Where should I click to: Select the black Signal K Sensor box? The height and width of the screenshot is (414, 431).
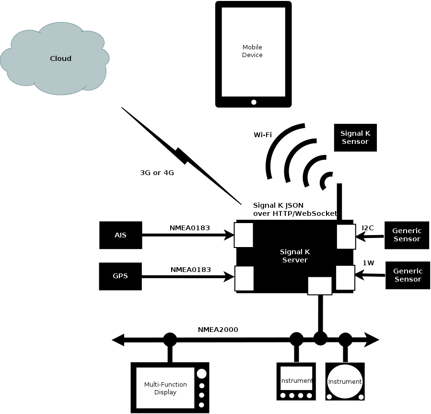[x=355, y=138]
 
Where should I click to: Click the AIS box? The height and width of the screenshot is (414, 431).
[x=120, y=235]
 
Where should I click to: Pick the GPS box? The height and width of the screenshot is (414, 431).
[x=120, y=276]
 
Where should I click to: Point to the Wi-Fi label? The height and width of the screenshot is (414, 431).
[x=263, y=135]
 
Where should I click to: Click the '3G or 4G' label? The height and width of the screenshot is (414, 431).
[x=157, y=173]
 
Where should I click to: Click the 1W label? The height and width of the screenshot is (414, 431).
[x=368, y=263]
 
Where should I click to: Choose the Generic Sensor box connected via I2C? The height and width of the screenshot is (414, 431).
[x=407, y=235]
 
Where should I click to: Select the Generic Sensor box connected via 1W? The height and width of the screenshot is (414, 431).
[x=408, y=275]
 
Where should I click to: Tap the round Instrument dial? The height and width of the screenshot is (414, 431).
[x=345, y=381]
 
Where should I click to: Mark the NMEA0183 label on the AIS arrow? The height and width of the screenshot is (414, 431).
[x=190, y=228]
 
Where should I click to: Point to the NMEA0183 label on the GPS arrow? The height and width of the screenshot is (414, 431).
[x=190, y=270]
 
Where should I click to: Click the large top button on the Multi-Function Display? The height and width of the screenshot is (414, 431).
[x=202, y=373]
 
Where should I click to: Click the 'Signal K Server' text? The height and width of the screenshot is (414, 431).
[x=294, y=256]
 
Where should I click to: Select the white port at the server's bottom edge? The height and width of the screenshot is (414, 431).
[x=319, y=285]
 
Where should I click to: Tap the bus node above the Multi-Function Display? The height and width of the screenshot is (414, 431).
[x=170, y=340]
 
